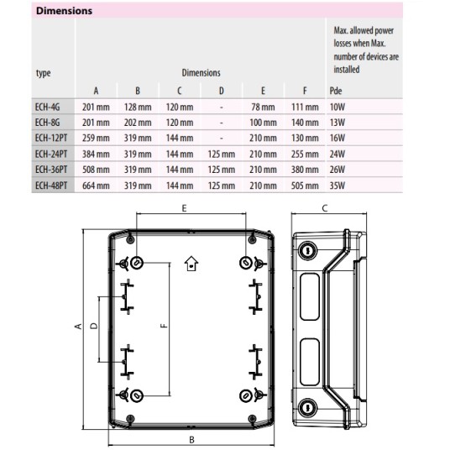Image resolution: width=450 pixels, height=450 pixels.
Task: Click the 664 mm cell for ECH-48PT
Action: tap(96, 186)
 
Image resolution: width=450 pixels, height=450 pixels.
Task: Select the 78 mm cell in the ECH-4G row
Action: tap(263, 107)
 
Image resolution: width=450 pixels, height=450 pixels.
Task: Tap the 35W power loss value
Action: tap(337, 186)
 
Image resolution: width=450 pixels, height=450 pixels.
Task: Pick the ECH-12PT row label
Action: tap(51, 138)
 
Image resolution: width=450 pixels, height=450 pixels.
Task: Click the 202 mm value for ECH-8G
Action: tap(138, 123)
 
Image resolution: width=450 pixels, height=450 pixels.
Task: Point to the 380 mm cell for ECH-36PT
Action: tap(305, 170)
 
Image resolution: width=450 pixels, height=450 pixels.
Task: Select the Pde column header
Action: tap(336, 91)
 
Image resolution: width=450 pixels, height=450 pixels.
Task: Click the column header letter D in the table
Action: tap(222, 91)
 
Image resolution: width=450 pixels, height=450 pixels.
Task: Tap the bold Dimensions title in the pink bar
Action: tap(64, 11)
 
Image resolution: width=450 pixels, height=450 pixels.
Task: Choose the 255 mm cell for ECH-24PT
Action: tap(305, 154)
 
